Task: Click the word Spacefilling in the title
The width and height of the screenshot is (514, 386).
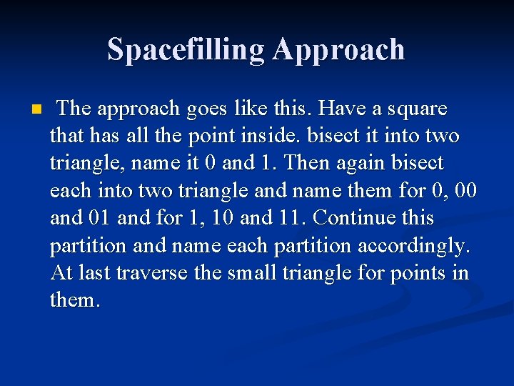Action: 186,49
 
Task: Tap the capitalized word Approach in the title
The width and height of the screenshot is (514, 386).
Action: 338,50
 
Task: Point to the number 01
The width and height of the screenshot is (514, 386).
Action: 99,217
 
